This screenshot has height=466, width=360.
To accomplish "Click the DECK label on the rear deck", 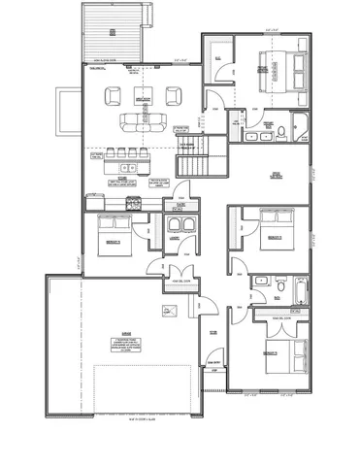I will click(113, 32).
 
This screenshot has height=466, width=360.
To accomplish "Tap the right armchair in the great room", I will click(176, 95).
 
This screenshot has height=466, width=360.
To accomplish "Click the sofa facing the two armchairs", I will click(144, 121).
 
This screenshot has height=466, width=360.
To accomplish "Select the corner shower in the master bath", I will click(301, 126).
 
